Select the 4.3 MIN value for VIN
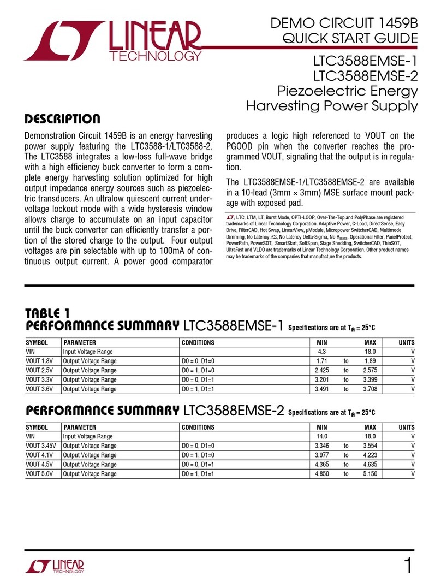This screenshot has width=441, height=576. pyautogui.click(x=321, y=352)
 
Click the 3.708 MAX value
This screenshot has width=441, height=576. pyautogui.click(x=370, y=389)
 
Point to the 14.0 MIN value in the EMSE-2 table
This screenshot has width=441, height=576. pyautogui.click(x=321, y=437)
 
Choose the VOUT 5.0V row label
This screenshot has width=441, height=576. pyautogui.click(x=41, y=474)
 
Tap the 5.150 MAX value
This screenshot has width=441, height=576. pyautogui.click(x=370, y=474)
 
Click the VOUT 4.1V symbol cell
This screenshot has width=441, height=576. pyautogui.click(x=40, y=455)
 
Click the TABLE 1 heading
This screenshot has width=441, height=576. pyautogui.click(x=48, y=314)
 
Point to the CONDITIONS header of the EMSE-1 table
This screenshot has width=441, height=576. pyautogui.click(x=198, y=343)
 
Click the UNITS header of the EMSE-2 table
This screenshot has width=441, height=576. pyautogui.click(x=406, y=427)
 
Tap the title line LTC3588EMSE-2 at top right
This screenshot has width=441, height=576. pyautogui.click(x=365, y=74)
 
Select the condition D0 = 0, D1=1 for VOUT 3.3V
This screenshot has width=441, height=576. pyautogui.click(x=198, y=380)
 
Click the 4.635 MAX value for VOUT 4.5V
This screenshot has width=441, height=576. pyautogui.click(x=370, y=465)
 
